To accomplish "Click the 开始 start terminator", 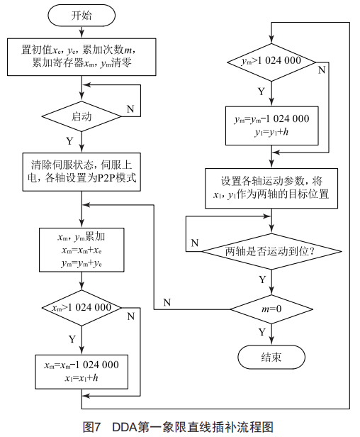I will (x=81, y=14).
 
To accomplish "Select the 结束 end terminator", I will (x=271, y=357).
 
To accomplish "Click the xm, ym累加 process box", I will (x=81, y=250).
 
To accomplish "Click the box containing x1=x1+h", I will (x=81, y=371).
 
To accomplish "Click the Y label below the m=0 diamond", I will (x=261, y=331).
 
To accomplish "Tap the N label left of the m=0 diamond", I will (x=167, y=302).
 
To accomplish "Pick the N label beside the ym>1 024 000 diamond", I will (x=322, y=70).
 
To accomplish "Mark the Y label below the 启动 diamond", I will (x=69, y=140).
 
